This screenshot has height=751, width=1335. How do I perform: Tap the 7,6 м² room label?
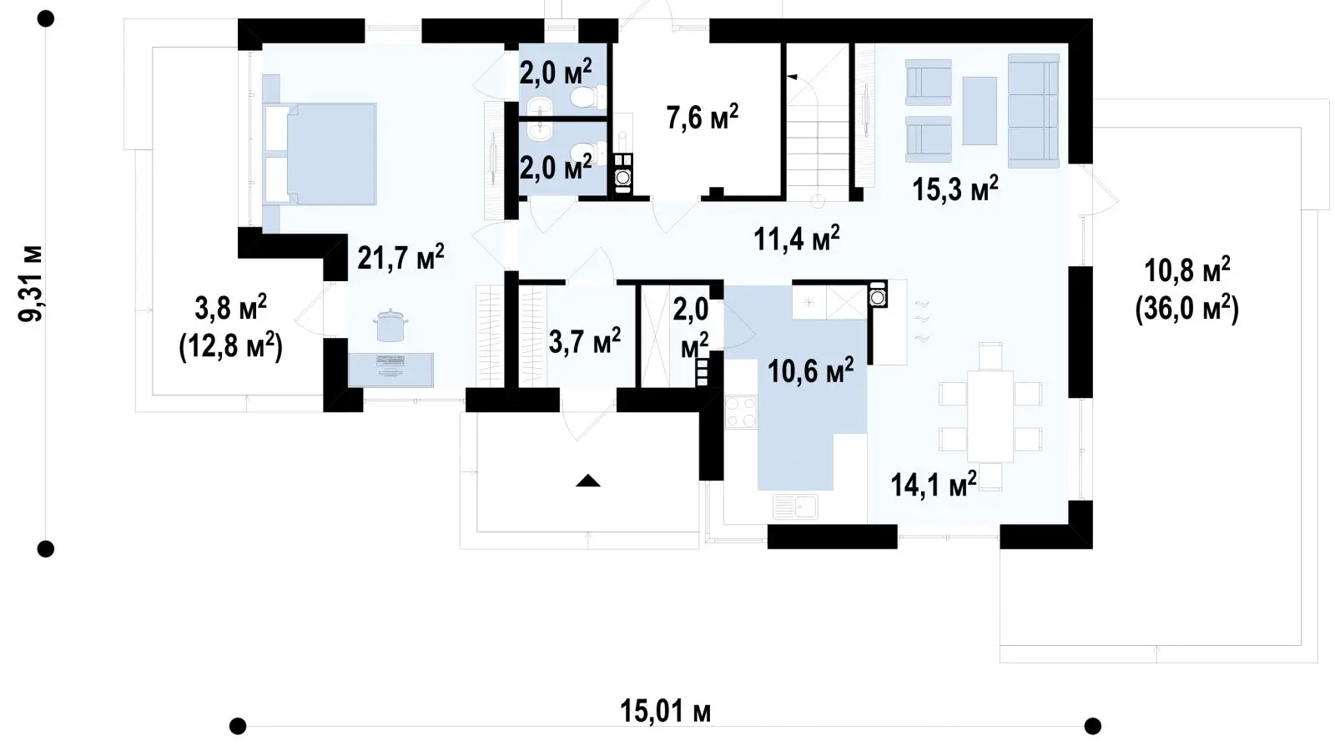tap(702, 116)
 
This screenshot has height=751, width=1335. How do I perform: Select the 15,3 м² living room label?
tap(955, 189)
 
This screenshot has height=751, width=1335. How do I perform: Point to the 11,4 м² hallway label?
tap(797, 239)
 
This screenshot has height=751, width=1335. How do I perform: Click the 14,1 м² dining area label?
tap(934, 483)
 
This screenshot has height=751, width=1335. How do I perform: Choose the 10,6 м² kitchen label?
tap(810, 370)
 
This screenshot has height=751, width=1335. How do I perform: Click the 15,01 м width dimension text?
tap(665, 711)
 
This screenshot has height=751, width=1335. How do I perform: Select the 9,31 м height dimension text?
tap(31, 284)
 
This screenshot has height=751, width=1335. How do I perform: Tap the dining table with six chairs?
tap(990, 416)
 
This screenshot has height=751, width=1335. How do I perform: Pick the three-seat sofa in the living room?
tap(1034, 111)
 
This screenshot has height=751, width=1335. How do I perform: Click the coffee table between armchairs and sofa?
tap(980, 110)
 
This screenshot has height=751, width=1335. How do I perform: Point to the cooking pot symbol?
tap(390, 325)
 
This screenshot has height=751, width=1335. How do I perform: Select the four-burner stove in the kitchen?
tap(740, 412)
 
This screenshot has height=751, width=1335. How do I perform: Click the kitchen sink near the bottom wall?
tap(795, 507)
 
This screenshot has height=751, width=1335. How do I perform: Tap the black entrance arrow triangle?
tap(587, 481)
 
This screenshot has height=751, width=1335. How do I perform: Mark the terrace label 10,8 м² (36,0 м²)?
tap(1186, 290)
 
